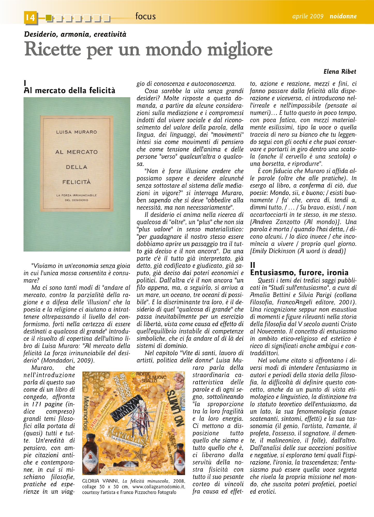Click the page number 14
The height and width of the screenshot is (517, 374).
point(30,17)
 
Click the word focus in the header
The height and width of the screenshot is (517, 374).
point(145,16)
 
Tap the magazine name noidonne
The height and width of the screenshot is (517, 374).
point(343,16)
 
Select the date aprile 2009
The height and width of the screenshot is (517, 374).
point(308,16)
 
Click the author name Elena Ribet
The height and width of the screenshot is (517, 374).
point(340,72)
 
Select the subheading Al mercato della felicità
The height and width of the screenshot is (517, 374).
point(69,90)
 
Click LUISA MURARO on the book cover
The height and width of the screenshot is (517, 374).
point(77,132)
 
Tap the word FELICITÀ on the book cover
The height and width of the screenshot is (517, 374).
point(77,182)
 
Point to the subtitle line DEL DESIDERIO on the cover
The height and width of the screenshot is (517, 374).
point(77,200)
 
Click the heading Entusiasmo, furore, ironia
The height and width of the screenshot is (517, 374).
point(299,272)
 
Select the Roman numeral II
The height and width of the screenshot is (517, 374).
point(253,265)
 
